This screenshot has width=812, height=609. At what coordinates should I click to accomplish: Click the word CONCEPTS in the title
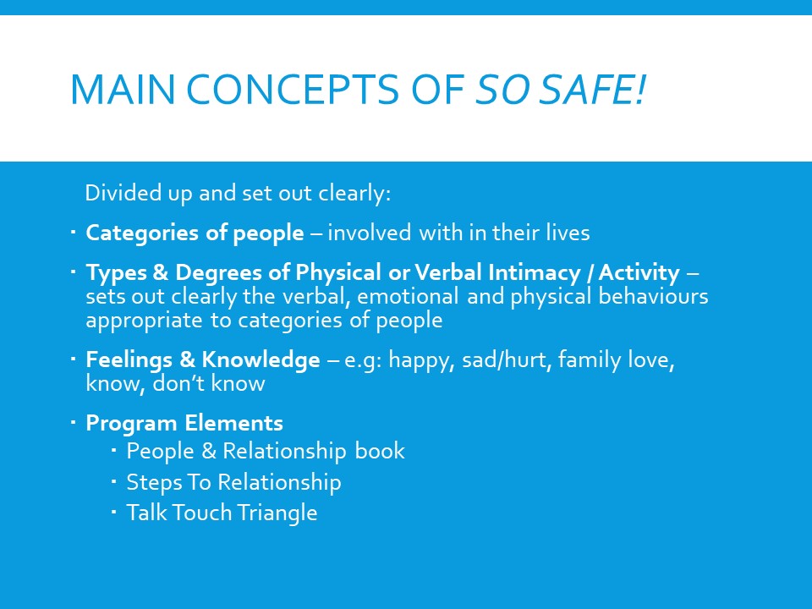(292, 90)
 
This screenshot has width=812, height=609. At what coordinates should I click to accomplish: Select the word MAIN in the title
(122, 90)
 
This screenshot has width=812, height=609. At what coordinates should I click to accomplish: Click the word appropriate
(144, 321)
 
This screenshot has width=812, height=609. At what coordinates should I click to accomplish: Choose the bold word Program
(132, 424)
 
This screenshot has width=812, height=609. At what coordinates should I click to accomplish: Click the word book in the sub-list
(380, 451)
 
